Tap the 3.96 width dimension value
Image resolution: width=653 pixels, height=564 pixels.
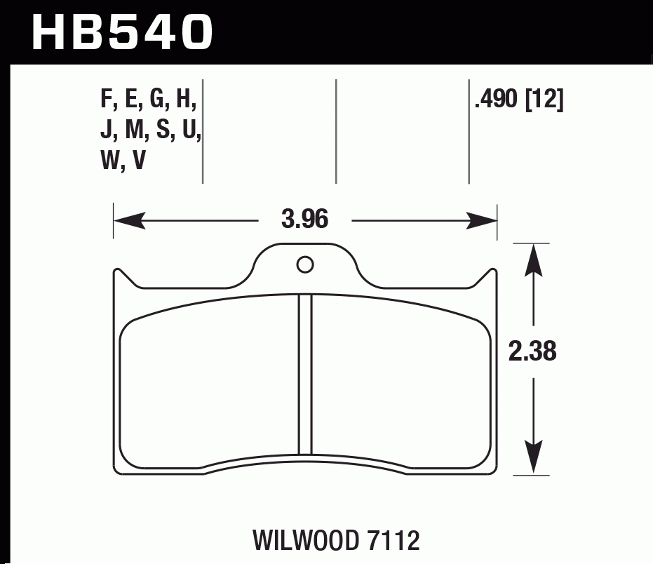click(305, 221)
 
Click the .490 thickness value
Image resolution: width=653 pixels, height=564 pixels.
click(497, 102)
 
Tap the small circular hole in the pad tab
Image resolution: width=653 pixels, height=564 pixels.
click(304, 264)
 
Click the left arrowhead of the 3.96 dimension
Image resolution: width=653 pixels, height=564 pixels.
click(122, 222)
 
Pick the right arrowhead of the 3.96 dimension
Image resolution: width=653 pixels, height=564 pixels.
click(489, 222)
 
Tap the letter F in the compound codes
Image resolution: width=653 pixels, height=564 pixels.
click(107, 102)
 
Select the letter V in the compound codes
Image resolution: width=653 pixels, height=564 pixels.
click(139, 162)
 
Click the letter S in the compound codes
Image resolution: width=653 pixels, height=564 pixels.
click(164, 133)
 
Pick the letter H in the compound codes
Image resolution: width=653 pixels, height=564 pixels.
click(185, 102)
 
